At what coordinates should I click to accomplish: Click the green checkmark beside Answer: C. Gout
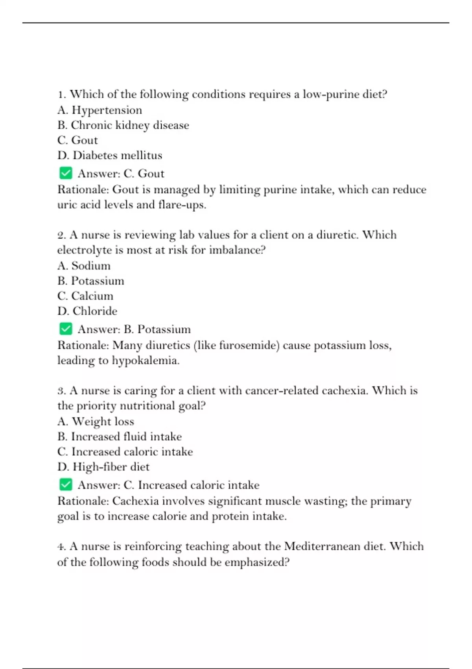[x=66, y=173]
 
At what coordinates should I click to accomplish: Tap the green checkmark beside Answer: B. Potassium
[x=66, y=329]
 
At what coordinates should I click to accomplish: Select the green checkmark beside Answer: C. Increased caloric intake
[x=66, y=484]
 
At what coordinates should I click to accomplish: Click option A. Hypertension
[x=100, y=110]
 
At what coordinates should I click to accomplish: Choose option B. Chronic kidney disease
[x=123, y=125]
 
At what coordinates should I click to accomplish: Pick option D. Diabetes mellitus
[x=110, y=155]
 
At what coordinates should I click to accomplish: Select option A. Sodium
[x=84, y=266]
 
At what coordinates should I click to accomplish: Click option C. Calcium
[x=85, y=296]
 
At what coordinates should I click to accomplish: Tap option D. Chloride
[x=87, y=311]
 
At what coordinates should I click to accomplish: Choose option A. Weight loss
[x=96, y=421]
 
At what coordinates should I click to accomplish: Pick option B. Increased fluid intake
[x=120, y=436]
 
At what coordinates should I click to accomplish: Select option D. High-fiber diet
[x=103, y=467]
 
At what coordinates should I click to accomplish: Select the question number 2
[x=61, y=235]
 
